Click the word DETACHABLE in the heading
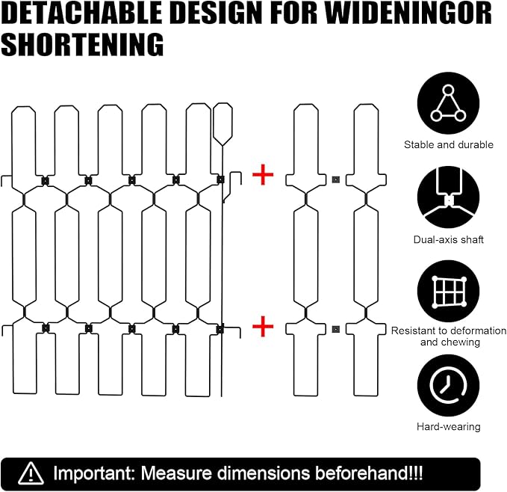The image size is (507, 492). (81, 13)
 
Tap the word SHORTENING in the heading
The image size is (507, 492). (82, 44)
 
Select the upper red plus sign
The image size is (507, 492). (263, 174)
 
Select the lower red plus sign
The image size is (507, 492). (263, 326)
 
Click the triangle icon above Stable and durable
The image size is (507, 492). (448, 103)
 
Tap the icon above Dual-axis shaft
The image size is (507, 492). (448, 197)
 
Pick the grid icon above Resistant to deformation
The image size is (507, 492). (448, 291)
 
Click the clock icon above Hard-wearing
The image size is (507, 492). (448, 385)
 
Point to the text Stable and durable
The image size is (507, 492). (449, 145)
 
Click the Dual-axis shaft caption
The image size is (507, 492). (449, 239)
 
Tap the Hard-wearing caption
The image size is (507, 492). (449, 427)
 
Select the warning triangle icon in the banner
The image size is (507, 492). (31, 473)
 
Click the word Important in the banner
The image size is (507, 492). (93, 473)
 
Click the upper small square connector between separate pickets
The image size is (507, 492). (335, 179)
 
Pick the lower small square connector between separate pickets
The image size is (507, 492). (335, 330)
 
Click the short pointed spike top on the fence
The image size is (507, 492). (223, 124)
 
